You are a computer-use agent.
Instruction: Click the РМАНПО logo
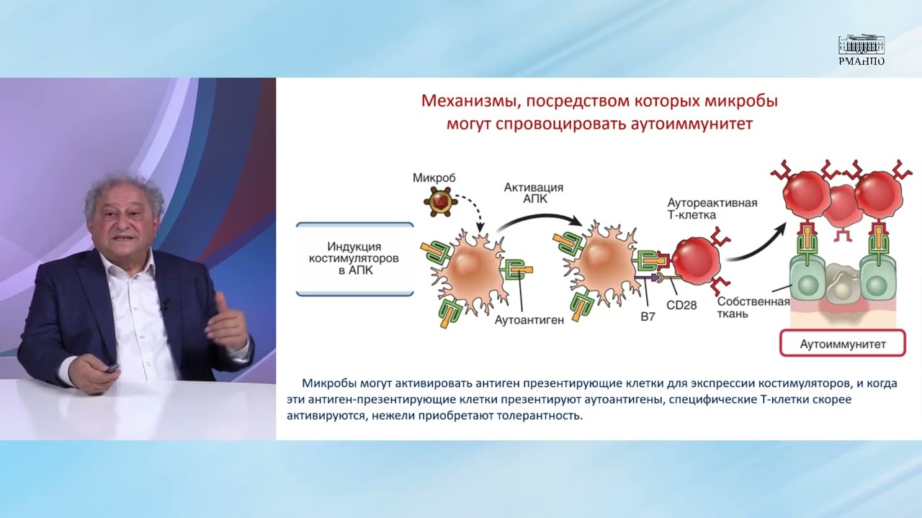coord(861,50)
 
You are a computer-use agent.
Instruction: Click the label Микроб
coord(434,177)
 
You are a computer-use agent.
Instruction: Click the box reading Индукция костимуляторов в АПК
coord(355,259)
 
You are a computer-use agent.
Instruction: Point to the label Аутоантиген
coord(529,319)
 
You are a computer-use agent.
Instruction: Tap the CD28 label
coord(681,304)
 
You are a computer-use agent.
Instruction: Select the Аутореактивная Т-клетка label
coord(712,209)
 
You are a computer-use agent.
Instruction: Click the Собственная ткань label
coord(753,307)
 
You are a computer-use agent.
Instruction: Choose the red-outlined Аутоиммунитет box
coord(843,344)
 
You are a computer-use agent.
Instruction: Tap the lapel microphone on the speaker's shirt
coord(166,304)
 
